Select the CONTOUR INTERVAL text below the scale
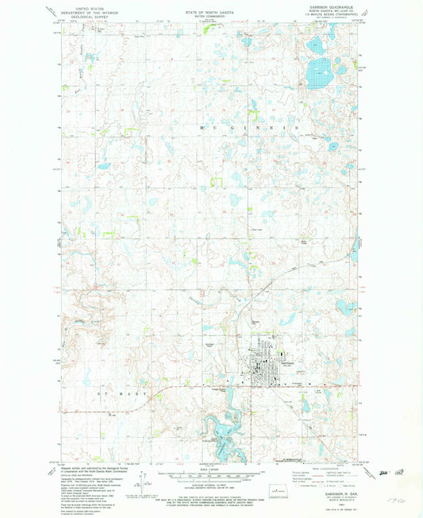[x=211, y=487]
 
